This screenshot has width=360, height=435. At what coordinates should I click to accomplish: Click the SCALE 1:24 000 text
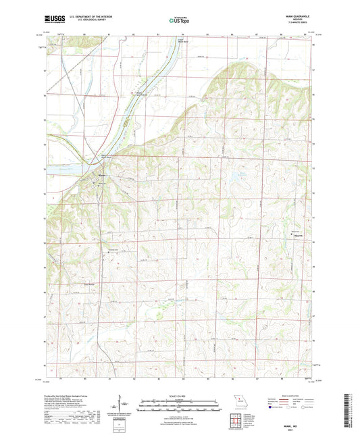(x=180, y=395)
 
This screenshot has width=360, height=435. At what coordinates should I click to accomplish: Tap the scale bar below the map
(x=180, y=407)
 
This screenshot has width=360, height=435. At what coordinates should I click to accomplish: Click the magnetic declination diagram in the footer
(x=120, y=409)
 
